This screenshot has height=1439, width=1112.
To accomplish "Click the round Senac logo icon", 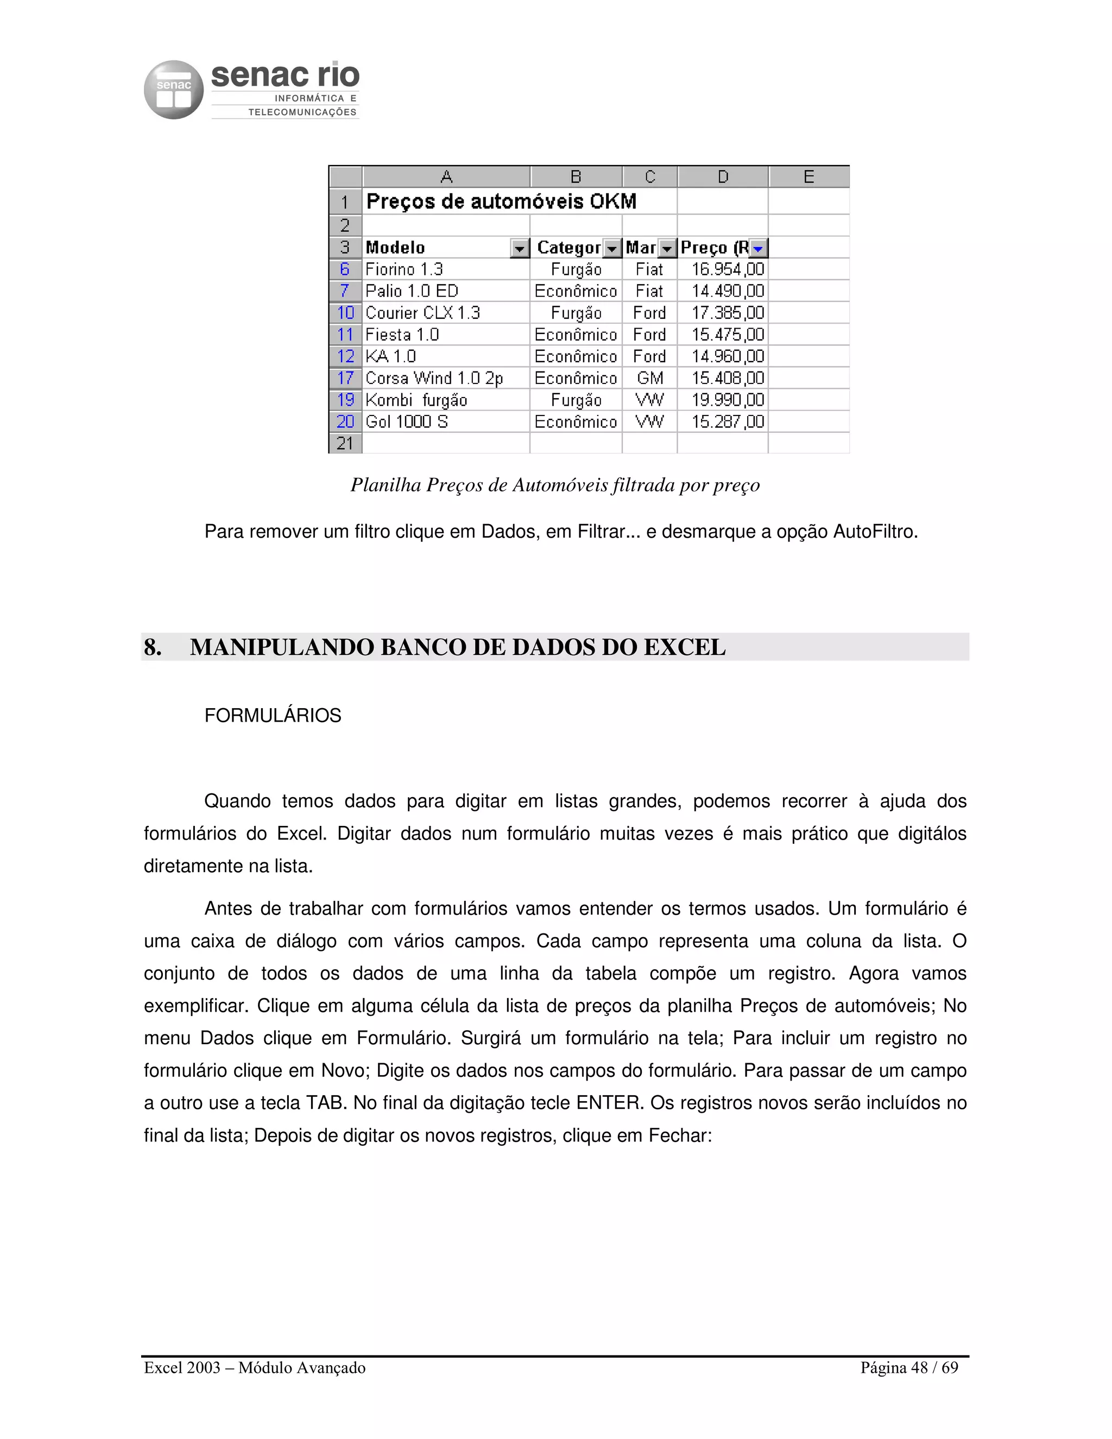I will click(x=173, y=90).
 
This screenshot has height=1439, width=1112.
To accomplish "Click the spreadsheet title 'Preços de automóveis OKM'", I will click(x=501, y=201).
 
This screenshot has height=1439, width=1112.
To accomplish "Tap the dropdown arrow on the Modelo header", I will click(x=520, y=248).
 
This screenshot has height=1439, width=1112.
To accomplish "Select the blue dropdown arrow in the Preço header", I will click(x=758, y=248).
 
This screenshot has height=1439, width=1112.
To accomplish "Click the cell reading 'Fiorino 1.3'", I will click(x=404, y=269).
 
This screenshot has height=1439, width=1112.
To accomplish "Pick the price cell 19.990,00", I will click(x=727, y=400).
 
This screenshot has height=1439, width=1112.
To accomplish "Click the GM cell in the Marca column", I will click(x=649, y=378).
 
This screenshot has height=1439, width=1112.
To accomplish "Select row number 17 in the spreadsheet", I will click(x=345, y=378).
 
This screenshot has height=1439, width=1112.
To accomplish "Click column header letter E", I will click(x=808, y=176).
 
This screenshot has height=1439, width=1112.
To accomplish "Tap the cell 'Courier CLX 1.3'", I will click(x=422, y=313).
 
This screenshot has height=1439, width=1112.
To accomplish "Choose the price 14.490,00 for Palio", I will click(x=727, y=291).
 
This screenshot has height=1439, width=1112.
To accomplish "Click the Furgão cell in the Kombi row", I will click(x=576, y=400).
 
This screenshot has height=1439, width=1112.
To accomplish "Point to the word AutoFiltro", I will click(x=875, y=532).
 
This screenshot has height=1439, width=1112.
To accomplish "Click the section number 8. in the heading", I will click(x=153, y=647).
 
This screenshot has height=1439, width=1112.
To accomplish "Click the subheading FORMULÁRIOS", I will click(x=273, y=716).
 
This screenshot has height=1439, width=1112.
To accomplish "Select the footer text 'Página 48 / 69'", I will click(x=908, y=1368).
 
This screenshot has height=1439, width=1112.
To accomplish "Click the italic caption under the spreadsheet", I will click(x=555, y=485).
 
